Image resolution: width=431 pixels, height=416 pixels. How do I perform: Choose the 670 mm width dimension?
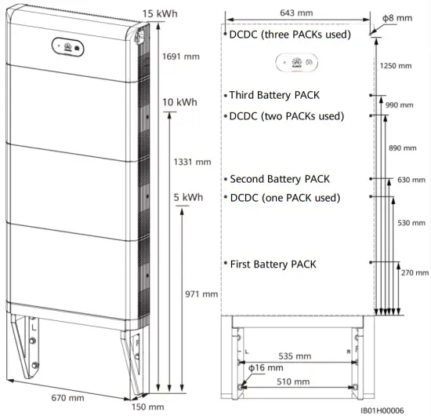(68, 398)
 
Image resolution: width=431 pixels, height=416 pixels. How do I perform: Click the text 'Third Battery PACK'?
(275, 95)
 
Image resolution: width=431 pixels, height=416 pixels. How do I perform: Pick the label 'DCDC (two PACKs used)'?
(286, 116)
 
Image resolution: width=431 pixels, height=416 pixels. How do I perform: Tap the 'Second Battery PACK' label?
(279, 179)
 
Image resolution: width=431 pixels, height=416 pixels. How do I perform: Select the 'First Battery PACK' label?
(273, 264)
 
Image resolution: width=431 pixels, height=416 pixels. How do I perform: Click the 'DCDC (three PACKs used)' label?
(289, 35)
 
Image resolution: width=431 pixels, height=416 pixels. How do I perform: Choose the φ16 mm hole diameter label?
(266, 367)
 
